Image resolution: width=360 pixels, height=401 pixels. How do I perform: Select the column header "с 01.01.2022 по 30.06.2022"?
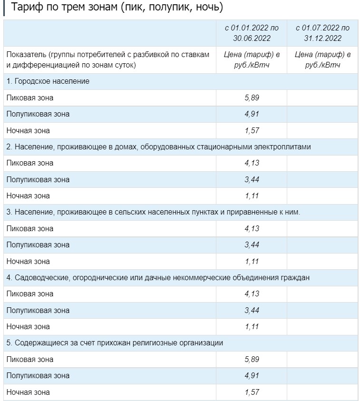click(252, 33)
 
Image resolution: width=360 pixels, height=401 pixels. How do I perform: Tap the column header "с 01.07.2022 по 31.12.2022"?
click(322, 33)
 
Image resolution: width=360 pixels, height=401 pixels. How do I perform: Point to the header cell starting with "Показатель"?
click(108, 59)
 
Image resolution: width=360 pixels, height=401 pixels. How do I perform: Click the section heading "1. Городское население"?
click(48, 81)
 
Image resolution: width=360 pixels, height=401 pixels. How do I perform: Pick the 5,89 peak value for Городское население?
click(252, 98)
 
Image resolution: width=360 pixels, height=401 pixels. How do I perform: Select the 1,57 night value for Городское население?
click(252, 130)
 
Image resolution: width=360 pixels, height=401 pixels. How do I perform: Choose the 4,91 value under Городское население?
click(252, 114)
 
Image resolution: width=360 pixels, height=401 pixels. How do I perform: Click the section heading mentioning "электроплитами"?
click(158, 147)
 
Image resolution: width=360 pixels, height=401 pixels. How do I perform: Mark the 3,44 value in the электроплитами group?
click(252, 180)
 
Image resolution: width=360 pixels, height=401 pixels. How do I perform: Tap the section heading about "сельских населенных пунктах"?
click(153, 212)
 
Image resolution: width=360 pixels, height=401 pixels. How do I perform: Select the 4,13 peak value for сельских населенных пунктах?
click(252, 229)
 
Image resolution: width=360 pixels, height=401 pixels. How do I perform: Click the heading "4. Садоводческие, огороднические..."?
click(158, 277)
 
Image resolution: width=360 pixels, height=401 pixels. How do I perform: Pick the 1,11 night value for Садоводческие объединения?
click(252, 327)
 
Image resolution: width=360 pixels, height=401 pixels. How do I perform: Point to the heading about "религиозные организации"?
click(115, 343)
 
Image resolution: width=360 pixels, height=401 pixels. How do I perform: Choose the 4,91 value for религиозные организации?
click(252, 376)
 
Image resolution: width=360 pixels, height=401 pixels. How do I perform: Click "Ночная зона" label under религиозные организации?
click(28, 392)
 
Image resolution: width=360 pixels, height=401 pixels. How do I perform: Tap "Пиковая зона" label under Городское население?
click(30, 98)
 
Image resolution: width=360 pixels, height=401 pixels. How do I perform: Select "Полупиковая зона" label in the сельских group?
click(38, 245)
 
